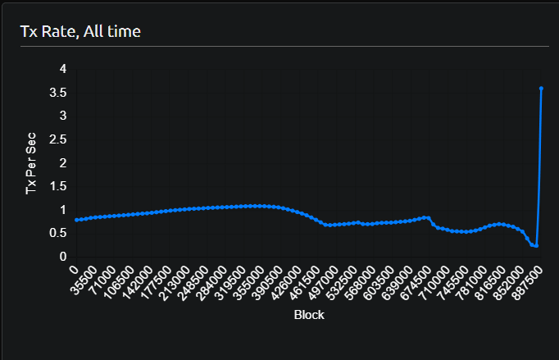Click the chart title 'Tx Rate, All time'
click(x=80, y=32)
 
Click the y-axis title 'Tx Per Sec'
click(x=32, y=163)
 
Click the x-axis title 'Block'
click(x=309, y=314)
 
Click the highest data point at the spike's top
click(x=541, y=88)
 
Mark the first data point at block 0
click(x=75, y=220)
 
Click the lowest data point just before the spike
click(x=536, y=245)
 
